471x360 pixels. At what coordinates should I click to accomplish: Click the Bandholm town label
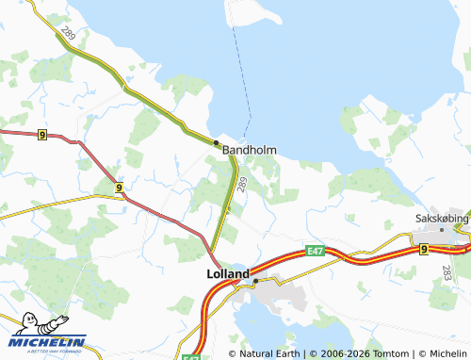point(249,150)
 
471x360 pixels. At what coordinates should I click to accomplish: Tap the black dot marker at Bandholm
point(216,142)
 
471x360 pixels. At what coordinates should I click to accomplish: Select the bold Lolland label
point(228,274)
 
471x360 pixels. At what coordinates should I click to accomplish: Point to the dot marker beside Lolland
point(254,280)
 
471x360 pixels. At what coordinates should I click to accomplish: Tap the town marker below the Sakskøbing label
point(441,229)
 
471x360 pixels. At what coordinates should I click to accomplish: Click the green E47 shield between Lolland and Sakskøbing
point(315,251)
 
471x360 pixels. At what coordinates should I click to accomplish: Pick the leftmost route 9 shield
point(42,135)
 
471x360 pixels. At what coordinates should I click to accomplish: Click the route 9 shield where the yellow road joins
point(118,188)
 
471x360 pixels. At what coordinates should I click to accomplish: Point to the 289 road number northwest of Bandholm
point(67,35)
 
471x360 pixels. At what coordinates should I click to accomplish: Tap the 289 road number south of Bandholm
point(242,185)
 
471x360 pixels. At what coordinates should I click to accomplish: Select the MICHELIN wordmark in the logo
point(48,342)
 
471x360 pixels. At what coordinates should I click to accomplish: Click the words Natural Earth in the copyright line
point(269,353)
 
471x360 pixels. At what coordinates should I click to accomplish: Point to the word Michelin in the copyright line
point(445,353)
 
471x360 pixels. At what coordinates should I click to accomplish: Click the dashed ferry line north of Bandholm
point(245,75)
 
